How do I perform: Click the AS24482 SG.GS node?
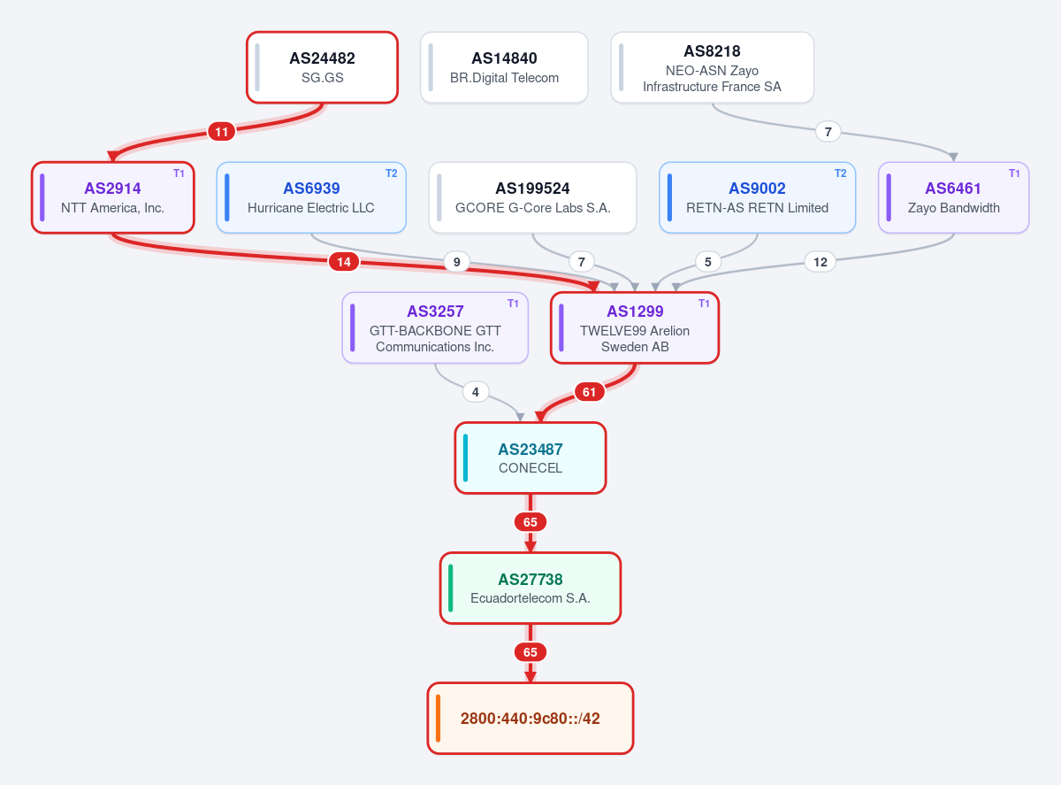coord(322,67)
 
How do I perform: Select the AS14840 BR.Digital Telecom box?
coord(504,67)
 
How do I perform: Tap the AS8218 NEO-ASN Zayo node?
coord(712,67)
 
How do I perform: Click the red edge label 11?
coord(221,132)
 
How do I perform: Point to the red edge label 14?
coord(344,262)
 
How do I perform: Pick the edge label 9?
coord(457,262)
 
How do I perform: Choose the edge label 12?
coord(821,262)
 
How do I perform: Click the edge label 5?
coord(708,262)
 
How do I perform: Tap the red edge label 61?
coord(590,392)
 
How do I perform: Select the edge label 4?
coord(476,392)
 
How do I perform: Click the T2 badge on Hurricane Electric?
coord(392,173)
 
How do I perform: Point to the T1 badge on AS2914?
coord(179,173)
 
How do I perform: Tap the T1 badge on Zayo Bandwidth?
coord(1014,173)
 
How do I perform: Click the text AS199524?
coord(532,189)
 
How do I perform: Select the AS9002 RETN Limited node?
coord(757,198)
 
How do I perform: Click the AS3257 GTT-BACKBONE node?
coord(435,328)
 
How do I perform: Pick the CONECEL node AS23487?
coord(530,458)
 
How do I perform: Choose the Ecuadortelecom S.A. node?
coord(530,589)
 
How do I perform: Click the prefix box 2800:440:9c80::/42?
coord(530,719)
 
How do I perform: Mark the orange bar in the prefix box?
coord(439,719)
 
